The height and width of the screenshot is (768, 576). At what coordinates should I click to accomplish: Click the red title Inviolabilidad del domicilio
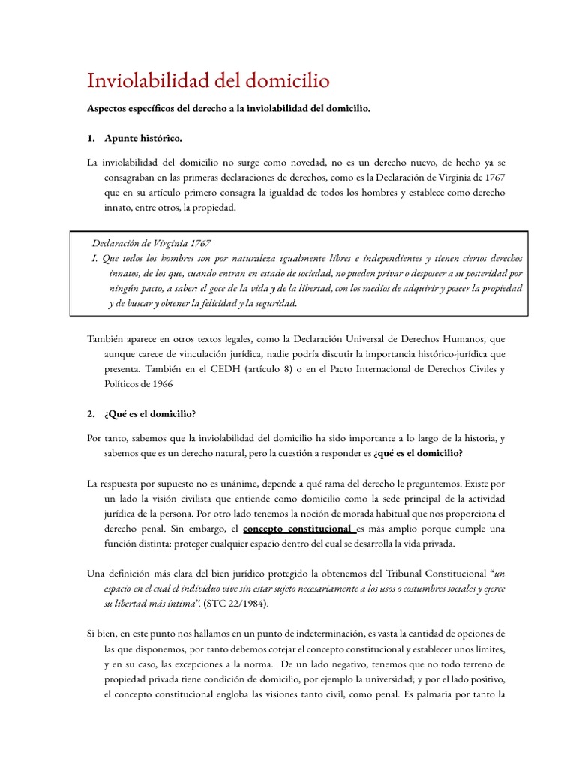point(208,80)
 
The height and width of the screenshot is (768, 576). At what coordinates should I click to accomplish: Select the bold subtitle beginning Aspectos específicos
point(229,109)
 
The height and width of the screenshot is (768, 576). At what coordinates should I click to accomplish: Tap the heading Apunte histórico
point(142,139)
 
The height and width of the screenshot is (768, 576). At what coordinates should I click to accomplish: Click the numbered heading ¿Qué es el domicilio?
point(151,413)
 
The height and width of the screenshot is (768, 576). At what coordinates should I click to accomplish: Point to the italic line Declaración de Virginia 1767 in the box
point(151,243)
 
